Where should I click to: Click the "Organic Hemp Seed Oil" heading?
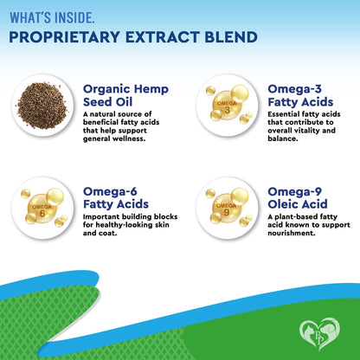click(x=125, y=94)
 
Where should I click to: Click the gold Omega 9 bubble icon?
click(x=223, y=207)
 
